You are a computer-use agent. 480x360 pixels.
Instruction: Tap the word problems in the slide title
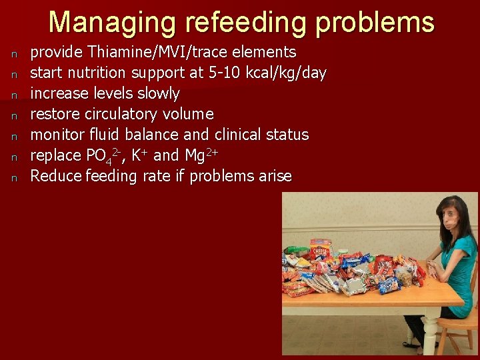[375, 22]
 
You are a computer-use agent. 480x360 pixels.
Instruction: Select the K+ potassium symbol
[139, 155]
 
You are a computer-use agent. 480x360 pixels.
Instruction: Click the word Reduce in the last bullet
[55, 176]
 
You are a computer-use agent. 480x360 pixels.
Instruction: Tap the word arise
[274, 176]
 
